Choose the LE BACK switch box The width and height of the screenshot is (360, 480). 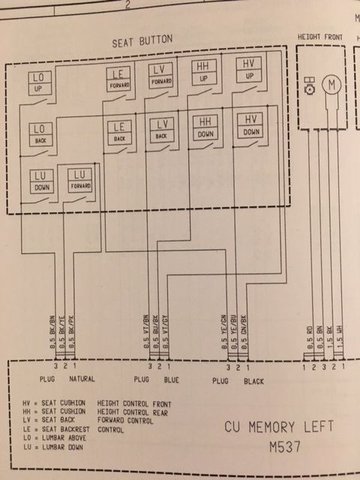coord(119,132)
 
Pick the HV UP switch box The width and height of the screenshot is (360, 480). coord(250,69)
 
